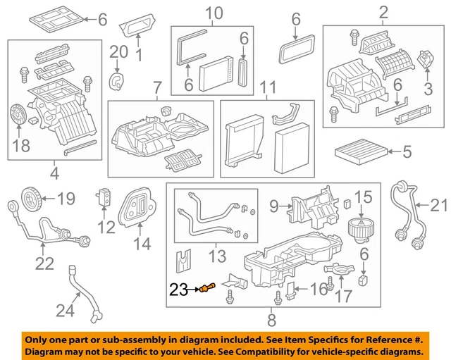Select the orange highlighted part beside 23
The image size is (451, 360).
coord(207,287)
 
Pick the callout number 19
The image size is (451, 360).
coord(65,199)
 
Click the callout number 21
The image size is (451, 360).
coord(439,205)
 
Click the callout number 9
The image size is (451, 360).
coord(275,206)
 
